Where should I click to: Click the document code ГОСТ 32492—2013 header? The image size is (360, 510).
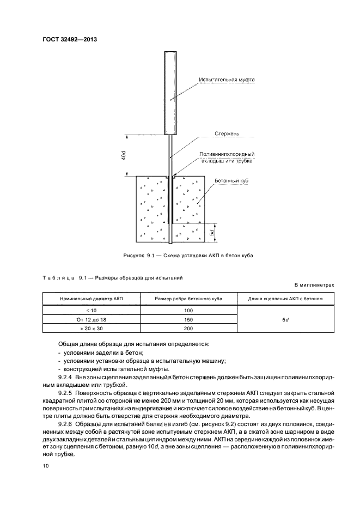(66, 39)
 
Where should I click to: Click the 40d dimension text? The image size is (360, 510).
(124, 155)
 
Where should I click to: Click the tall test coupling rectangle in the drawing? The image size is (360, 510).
(170, 93)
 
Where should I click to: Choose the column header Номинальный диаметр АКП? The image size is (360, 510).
(91, 299)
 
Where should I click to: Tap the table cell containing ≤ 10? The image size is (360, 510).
(91, 310)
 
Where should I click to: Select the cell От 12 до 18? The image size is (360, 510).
(91, 319)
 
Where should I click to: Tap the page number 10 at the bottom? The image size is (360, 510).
(46, 466)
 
